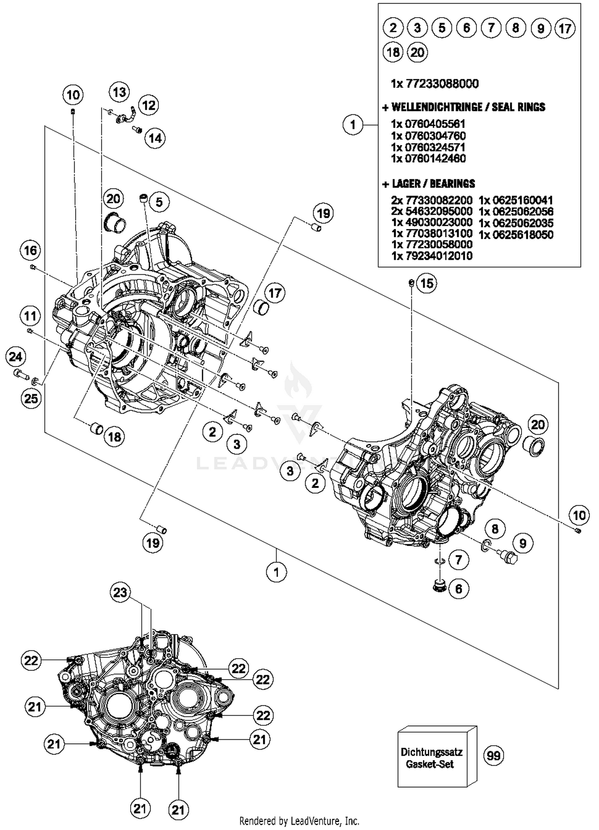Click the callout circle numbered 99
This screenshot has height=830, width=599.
click(x=493, y=755)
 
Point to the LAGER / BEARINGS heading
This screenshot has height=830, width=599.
click(x=433, y=184)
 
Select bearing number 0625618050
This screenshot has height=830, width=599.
click(x=516, y=234)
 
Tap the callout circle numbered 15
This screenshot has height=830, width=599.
click(x=426, y=284)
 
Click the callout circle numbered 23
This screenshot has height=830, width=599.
click(x=120, y=592)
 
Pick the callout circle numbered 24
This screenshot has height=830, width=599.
click(x=16, y=356)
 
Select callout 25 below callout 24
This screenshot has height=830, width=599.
click(x=31, y=398)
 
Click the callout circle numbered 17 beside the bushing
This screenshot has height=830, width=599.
click(x=275, y=293)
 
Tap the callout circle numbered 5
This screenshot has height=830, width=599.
click(x=159, y=202)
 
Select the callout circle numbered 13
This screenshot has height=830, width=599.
click(x=119, y=92)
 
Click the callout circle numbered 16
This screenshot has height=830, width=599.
click(x=30, y=250)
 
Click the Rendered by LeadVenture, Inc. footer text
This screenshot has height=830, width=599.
click(x=299, y=821)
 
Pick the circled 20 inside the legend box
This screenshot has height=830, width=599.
click(x=417, y=52)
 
